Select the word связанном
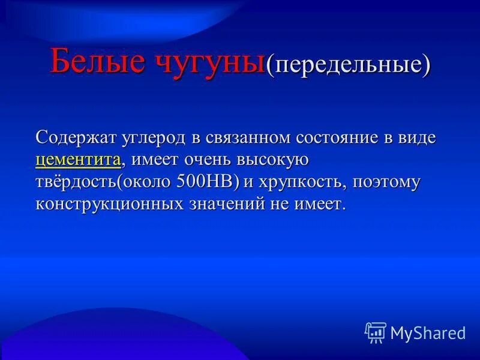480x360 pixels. [x=248, y=137]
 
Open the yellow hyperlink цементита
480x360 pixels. [x=79, y=160]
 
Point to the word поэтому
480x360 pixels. [x=387, y=182]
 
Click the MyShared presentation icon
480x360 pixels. [x=375, y=332]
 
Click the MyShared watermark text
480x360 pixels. [x=428, y=332]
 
